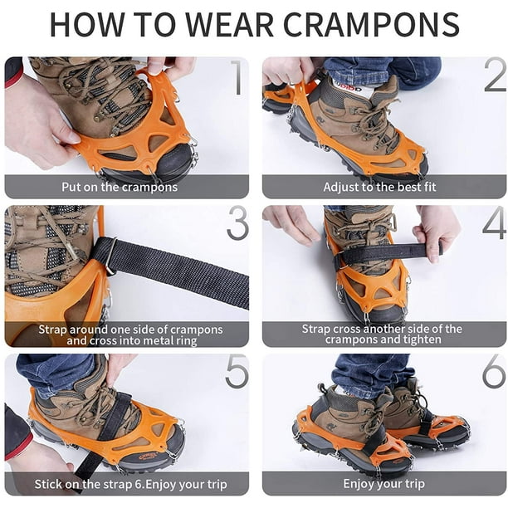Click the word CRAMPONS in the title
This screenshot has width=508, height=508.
click(371, 25)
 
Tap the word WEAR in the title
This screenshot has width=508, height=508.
click(230, 25)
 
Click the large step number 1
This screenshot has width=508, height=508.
click(238, 77)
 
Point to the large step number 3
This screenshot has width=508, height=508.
click(237, 223)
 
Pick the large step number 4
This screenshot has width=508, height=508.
click(495, 222)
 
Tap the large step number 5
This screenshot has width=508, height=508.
click(237, 371)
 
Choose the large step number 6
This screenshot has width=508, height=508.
click(494, 371)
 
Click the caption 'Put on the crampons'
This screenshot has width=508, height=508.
click(120, 188)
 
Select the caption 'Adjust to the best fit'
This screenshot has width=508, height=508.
click(379, 188)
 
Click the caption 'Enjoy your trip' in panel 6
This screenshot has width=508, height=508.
click(384, 484)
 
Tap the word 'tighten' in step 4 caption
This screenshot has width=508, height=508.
click(422, 339)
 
